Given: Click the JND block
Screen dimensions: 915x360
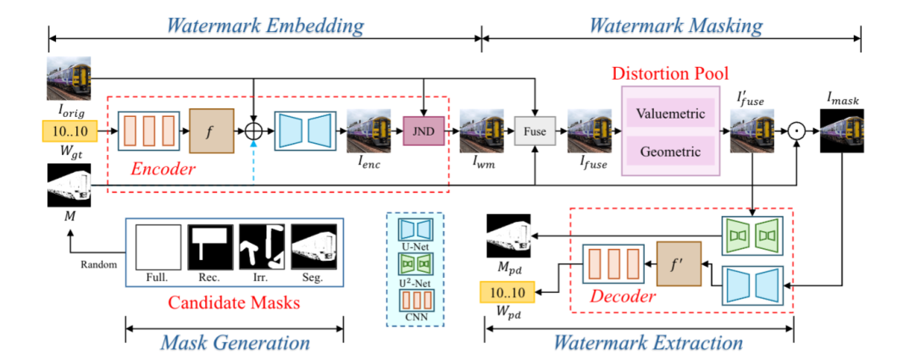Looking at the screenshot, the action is (424, 131).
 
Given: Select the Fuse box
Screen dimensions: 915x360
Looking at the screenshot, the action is (535, 131).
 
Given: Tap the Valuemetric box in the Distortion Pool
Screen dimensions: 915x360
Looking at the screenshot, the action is (670, 114).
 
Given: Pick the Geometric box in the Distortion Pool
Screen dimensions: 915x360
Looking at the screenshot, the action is (670, 152).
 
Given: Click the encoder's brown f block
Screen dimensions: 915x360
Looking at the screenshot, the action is (211, 131).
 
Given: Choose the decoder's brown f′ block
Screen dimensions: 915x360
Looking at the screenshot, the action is (679, 263).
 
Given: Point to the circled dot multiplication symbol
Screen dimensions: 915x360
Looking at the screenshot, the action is (796, 131).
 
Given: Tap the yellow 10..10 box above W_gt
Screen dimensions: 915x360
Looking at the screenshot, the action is (69, 130).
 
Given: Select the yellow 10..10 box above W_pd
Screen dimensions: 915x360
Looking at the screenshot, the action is (506, 292).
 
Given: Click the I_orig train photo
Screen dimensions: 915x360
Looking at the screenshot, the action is (69, 78).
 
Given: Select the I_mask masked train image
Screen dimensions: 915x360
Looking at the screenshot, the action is (841, 131).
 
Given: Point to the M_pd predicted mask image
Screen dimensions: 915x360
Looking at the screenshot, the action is (508, 235).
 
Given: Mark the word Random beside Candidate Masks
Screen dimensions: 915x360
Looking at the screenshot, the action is (99, 263).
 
